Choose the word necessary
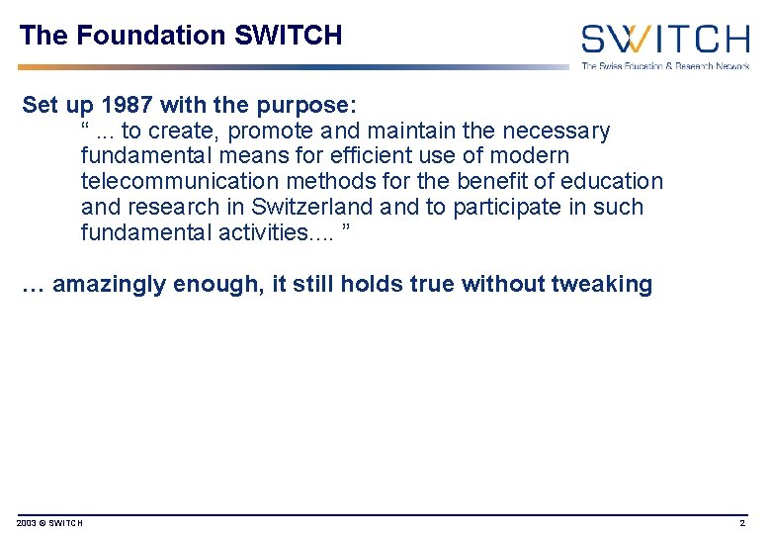click(557, 131)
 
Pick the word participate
click(533, 208)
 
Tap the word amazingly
click(109, 285)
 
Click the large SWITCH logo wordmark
click(664, 40)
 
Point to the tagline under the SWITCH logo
click(664, 66)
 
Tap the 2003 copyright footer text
click(50, 522)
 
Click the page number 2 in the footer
click(742, 522)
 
